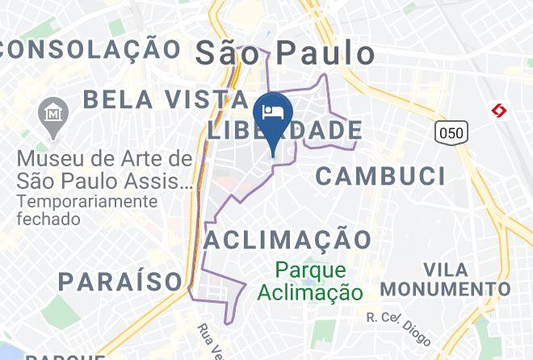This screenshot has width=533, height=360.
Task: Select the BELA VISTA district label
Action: [165, 99]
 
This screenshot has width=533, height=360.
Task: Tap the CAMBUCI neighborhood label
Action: [380, 175]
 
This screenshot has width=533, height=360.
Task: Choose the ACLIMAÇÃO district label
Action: [287, 239]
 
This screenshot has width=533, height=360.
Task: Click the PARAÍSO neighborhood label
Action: [120, 282]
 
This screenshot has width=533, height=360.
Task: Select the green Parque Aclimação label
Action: [309, 281]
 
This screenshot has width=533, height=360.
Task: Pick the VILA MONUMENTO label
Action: [445, 279]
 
